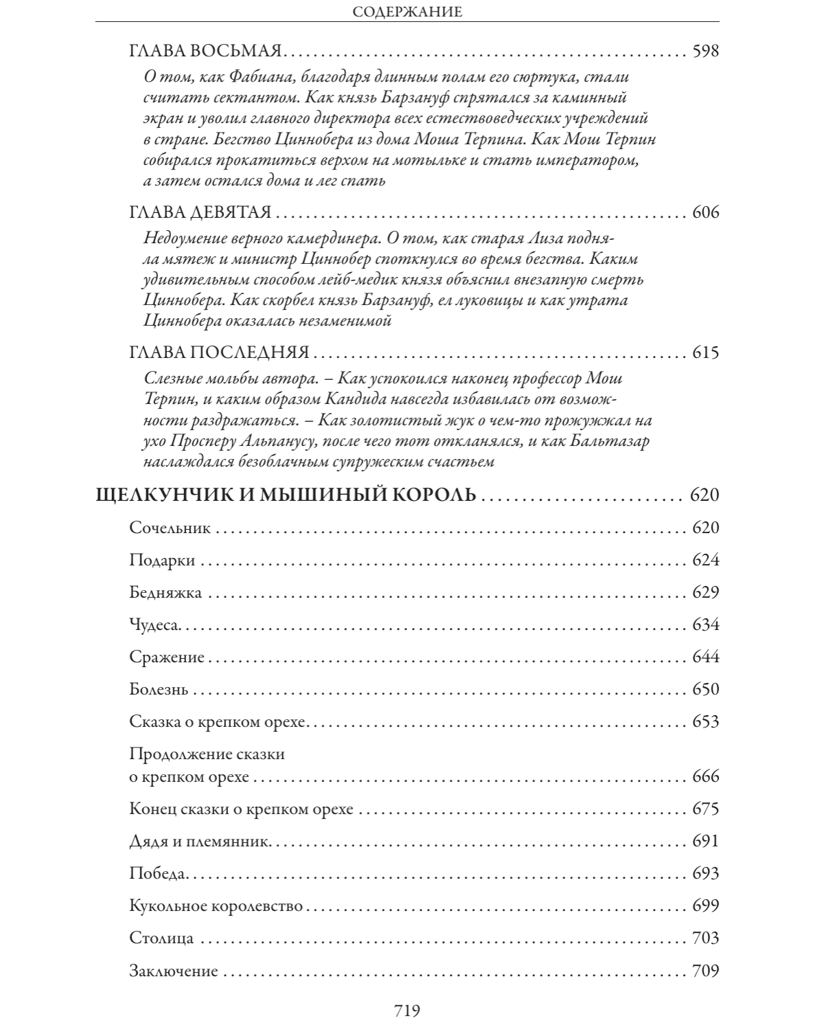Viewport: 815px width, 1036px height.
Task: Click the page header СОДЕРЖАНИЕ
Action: (x=407, y=11)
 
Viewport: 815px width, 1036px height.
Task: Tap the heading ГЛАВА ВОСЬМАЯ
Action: (x=205, y=52)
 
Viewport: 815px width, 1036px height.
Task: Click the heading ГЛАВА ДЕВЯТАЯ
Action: (x=200, y=212)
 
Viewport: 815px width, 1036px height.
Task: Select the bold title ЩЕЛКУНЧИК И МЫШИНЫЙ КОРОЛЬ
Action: (x=284, y=495)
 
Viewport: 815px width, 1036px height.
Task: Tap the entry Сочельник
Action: (x=170, y=528)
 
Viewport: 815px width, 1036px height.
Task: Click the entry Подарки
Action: (x=162, y=561)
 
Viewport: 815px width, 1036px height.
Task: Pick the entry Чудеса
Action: (x=154, y=625)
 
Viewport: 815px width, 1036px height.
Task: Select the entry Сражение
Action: (x=167, y=657)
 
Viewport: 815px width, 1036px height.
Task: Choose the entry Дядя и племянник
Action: (x=200, y=842)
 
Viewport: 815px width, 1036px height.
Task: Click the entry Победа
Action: (x=157, y=874)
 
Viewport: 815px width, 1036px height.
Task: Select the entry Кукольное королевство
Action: (x=216, y=906)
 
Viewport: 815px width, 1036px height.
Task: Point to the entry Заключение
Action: (x=173, y=971)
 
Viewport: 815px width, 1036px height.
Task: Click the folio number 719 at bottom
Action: (x=406, y=1011)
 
